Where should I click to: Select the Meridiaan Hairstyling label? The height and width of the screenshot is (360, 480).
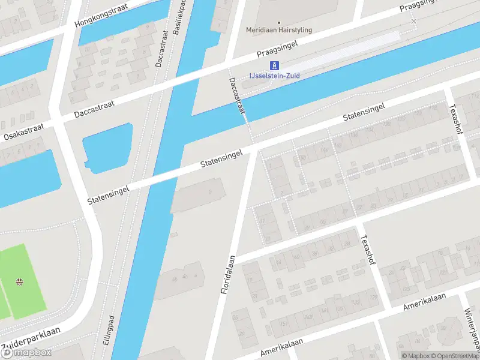click(x=279, y=30)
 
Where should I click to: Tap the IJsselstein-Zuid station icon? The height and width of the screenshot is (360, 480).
click(x=274, y=65)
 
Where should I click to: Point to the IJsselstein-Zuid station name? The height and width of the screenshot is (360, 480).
click(x=274, y=76)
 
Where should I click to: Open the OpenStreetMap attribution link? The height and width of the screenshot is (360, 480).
click(x=453, y=356)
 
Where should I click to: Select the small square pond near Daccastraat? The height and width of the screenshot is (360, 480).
click(x=107, y=146)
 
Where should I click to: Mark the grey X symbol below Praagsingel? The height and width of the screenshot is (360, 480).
click(x=413, y=22)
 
